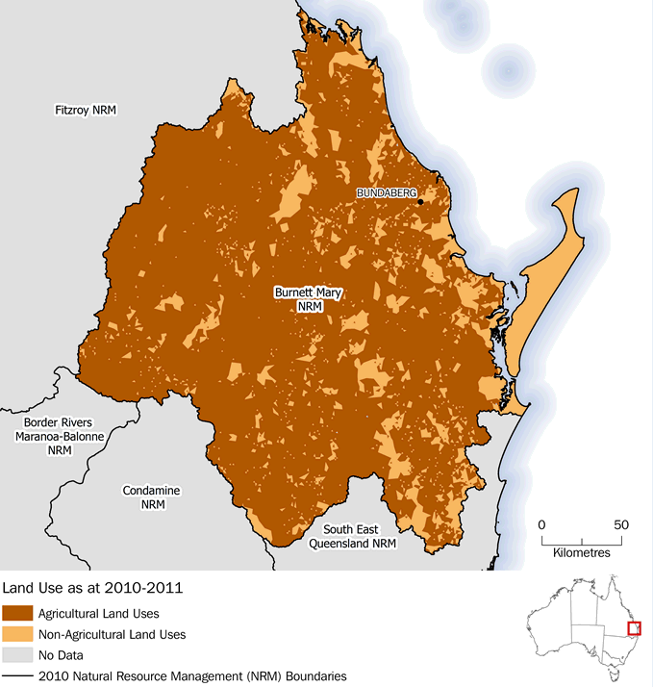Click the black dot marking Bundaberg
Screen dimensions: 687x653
click(420, 202)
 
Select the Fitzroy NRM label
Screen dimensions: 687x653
click(85, 111)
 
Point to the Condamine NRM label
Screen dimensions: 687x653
click(151, 497)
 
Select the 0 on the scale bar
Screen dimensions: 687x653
click(541, 525)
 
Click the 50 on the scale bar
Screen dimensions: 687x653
click(621, 525)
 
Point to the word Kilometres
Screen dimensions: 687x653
click(582, 553)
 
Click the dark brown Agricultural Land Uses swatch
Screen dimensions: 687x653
click(16, 613)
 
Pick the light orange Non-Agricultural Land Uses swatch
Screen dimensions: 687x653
click(16, 634)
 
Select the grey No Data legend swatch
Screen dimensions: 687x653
click(16, 655)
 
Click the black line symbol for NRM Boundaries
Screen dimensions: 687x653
click(16, 676)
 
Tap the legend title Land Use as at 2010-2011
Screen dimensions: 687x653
click(93, 586)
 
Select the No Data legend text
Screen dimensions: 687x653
click(61, 655)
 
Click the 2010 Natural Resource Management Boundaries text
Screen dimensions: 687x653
click(192, 676)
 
